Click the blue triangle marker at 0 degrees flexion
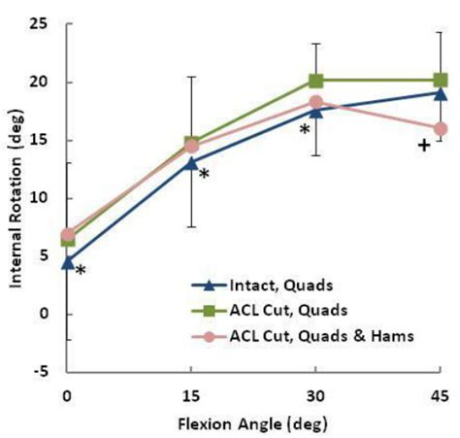(x=67, y=260)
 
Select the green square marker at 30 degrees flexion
(x=315, y=81)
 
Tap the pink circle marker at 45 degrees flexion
(x=440, y=128)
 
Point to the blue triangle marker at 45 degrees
(x=440, y=92)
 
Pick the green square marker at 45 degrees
(x=440, y=81)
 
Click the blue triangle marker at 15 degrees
(x=191, y=161)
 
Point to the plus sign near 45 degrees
(x=423, y=146)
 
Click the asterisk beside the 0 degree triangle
(x=81, y=271)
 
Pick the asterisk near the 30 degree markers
(x=304, y=130)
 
